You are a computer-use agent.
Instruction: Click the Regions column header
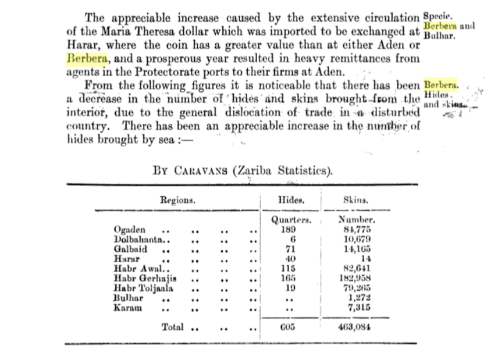(x=177, y=200)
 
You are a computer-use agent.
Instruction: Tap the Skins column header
(x=357, y=201)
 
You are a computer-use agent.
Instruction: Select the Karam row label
(x=127, y=308)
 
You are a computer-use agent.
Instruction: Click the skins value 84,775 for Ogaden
(x=357, y=229)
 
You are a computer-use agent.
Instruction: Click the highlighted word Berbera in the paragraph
(x=87, y=59)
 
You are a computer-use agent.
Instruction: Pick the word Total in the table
(x=173, y=327)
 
